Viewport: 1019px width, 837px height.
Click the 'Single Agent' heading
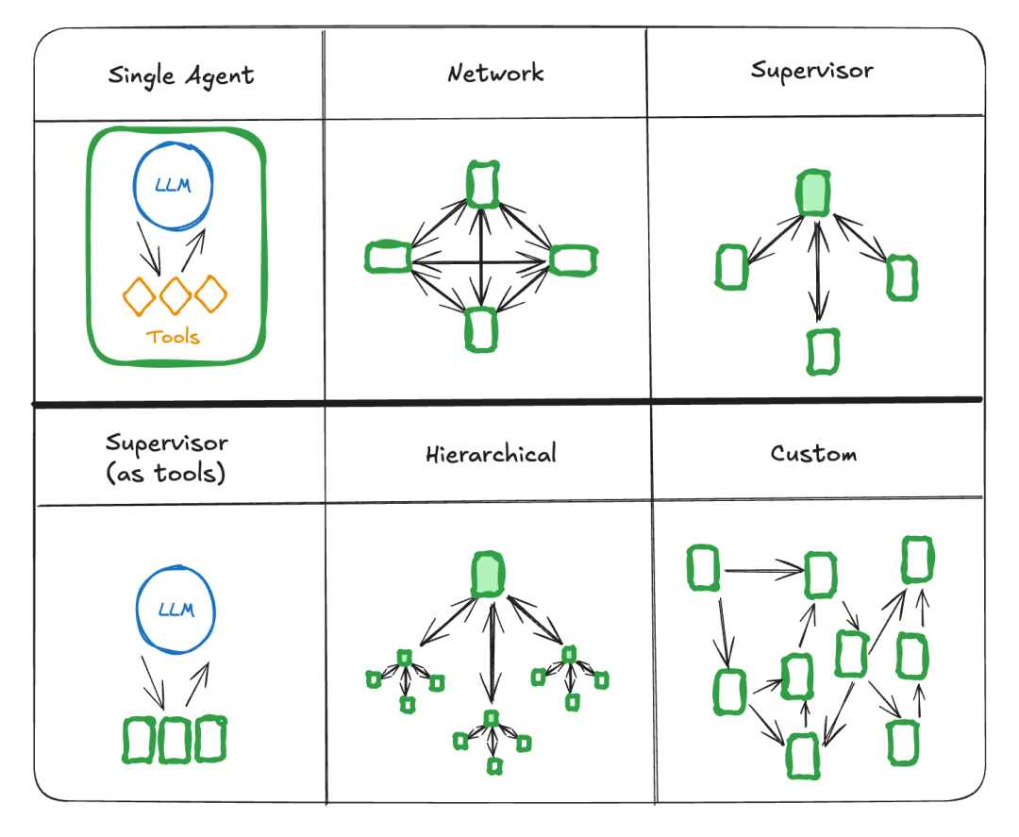(x=180, y=75)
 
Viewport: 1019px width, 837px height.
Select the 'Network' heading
(x=495, y=73)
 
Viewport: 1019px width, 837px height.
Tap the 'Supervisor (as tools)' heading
(x=166, y=458)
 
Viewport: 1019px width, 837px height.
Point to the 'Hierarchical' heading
(x=490, y=454)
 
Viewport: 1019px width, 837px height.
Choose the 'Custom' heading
(x=813, y=453)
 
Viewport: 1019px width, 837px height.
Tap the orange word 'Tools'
(x=174, y=337)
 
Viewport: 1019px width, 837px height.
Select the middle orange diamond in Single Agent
(x=175, y=296)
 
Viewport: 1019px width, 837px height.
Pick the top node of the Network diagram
(x=482, y=184)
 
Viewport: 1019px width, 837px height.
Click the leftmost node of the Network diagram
(x=387, y=257)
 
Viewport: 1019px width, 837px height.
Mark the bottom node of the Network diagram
(x=481, y=329)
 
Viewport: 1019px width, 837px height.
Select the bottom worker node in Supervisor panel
(x=823, y=351)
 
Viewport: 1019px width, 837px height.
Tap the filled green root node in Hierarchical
(x=488, y=574)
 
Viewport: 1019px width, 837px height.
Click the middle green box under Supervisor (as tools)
(x=175, y=740)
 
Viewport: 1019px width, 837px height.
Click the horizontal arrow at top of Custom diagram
(x=762, y=570)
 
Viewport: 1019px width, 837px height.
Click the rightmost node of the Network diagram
(x=573, y=259)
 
